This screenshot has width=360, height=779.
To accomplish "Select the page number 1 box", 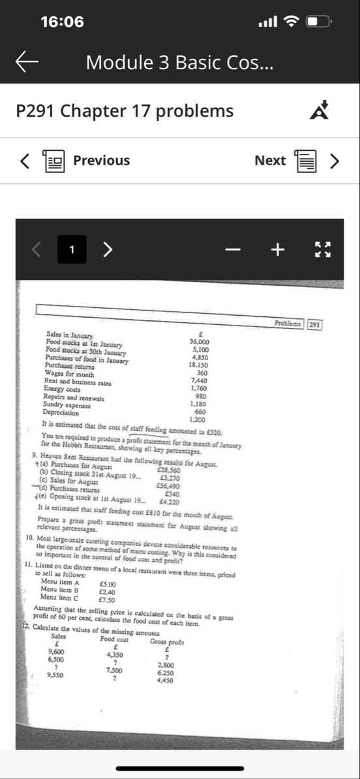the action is point(71,249).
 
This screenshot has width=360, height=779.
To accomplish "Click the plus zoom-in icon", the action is point(278,249).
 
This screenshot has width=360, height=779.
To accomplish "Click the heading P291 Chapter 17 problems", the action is point(125,111).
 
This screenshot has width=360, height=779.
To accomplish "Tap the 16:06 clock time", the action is point(62,22).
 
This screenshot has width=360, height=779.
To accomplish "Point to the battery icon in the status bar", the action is point(319,22).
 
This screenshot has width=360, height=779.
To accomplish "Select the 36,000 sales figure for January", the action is point(199,341).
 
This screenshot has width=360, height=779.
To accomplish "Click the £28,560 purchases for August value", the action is point(169,470).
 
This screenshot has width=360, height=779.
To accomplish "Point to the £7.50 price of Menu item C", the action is point(106,600).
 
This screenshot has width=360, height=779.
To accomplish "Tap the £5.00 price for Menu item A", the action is point(107,585).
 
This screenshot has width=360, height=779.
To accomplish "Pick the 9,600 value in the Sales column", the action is point(56,652).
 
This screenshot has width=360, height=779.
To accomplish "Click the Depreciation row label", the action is point(61,412).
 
